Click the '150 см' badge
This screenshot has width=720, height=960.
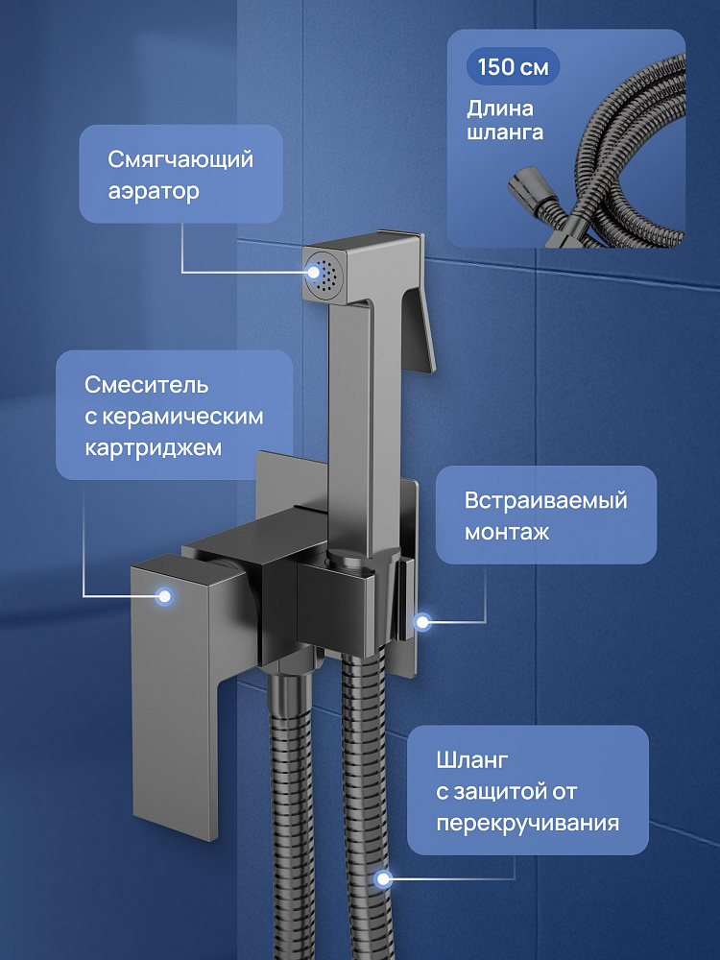[513, 67]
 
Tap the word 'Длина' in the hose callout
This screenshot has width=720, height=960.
[500, 109]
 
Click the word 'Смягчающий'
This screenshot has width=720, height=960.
[180, 159]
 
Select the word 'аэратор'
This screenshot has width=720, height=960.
[154, 191]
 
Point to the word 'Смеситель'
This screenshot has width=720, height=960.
[146, 385]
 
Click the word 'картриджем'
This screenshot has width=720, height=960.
[153, 447]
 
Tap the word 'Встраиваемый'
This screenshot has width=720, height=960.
[546, 500]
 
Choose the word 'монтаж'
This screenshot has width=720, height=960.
[507, 532]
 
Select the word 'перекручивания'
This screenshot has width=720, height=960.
[528, 824]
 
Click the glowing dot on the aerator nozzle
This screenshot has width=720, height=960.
[314, 273]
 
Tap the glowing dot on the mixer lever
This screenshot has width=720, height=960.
[164, 596]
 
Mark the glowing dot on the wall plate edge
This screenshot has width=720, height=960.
[421, 622]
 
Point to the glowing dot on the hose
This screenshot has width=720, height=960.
[383, 879]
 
